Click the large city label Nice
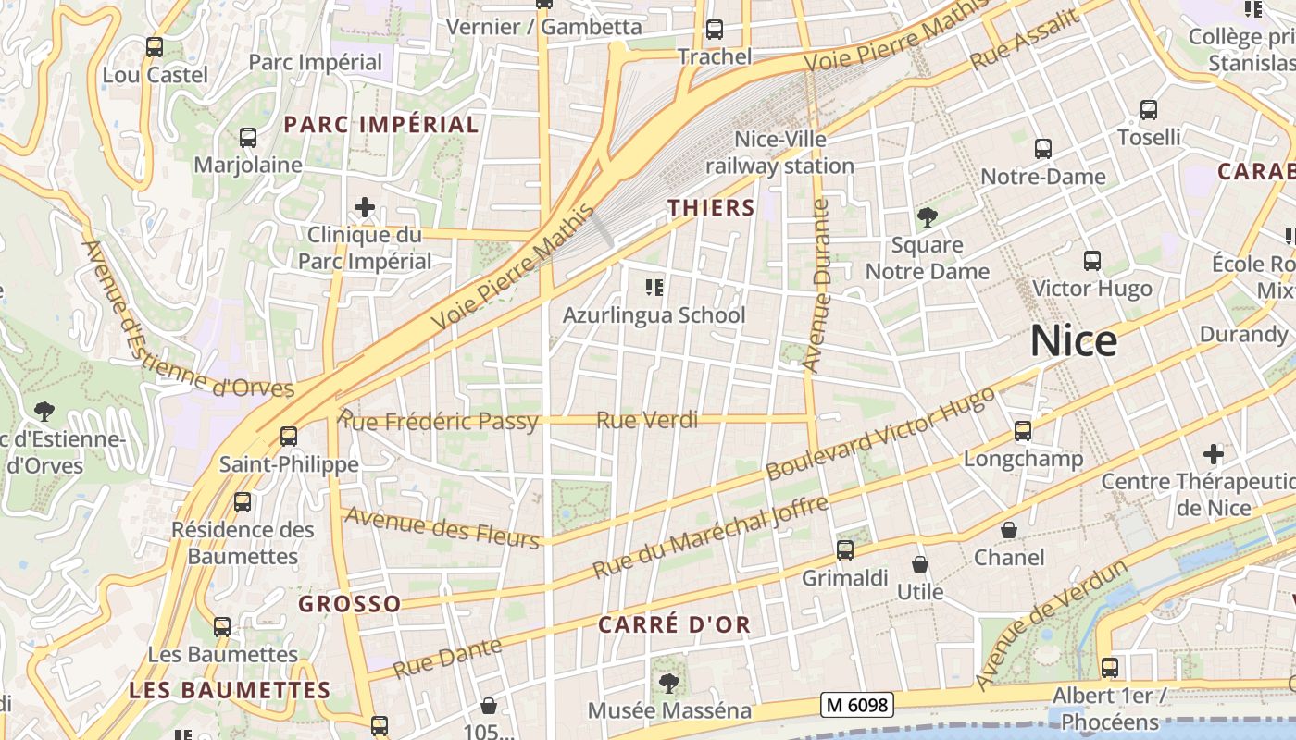tap(1073, 341)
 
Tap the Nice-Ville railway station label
tap(779, 153)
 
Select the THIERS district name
tap(711, 208)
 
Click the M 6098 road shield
tap(857, 706)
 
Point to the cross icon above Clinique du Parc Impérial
tap(365, 207)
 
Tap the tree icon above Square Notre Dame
tap(927, 217)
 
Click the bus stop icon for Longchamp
tap(1022, 431)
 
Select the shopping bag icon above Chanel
tap(1009, 530)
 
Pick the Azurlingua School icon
tap(654, 288)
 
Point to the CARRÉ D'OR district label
tap(674, 624)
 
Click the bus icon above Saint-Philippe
tap(289, 436)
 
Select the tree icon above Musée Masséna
tap(668, 684)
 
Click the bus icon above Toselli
tap(1149, 110)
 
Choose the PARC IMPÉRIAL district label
tap(380, 125)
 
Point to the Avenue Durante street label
tap(816, 287)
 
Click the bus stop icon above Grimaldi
tap(845, 550)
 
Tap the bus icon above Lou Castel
tap(155, 46)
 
